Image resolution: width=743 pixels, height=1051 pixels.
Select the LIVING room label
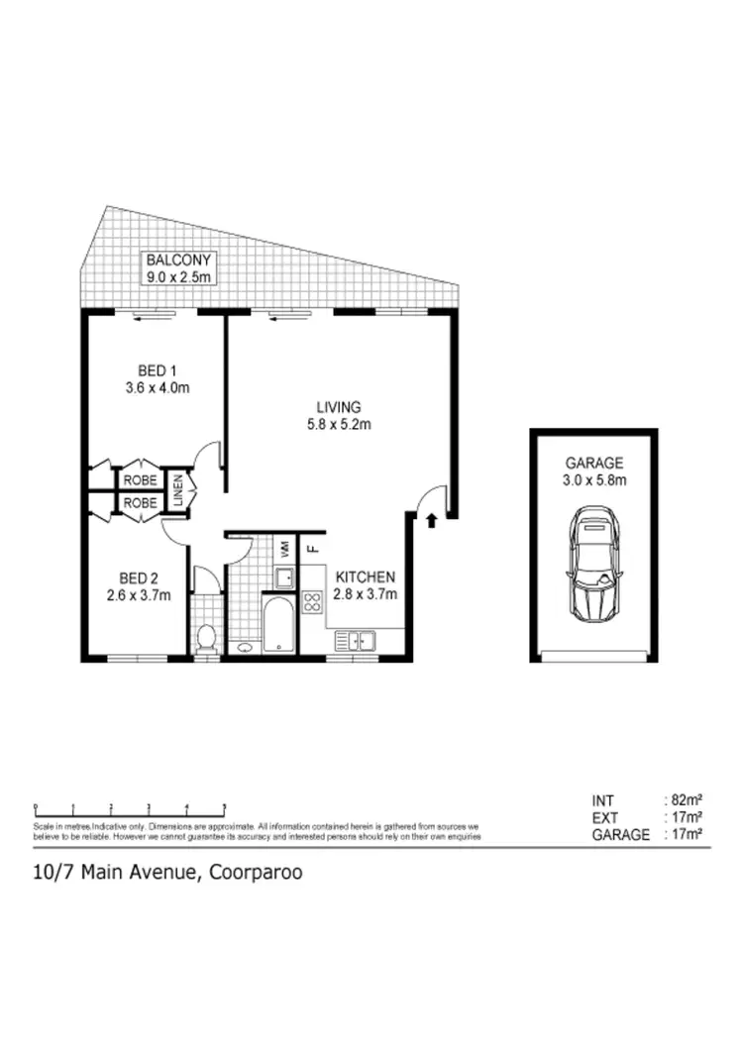pos(338,407)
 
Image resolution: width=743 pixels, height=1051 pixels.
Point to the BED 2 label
pos(139,578)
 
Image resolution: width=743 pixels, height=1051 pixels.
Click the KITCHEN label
pos(366,578)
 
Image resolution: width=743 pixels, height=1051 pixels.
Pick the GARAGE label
pos(594,463)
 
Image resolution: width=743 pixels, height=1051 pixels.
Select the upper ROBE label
pos(141,479)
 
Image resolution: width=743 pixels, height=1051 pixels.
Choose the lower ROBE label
pos(141,503)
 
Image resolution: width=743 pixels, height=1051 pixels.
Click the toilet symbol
pos(206,638)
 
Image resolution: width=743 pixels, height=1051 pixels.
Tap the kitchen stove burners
pos(311,602)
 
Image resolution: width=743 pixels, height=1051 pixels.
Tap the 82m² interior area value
pos(683,800)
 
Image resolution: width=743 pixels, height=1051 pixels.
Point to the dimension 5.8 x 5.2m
pos(338,425)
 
